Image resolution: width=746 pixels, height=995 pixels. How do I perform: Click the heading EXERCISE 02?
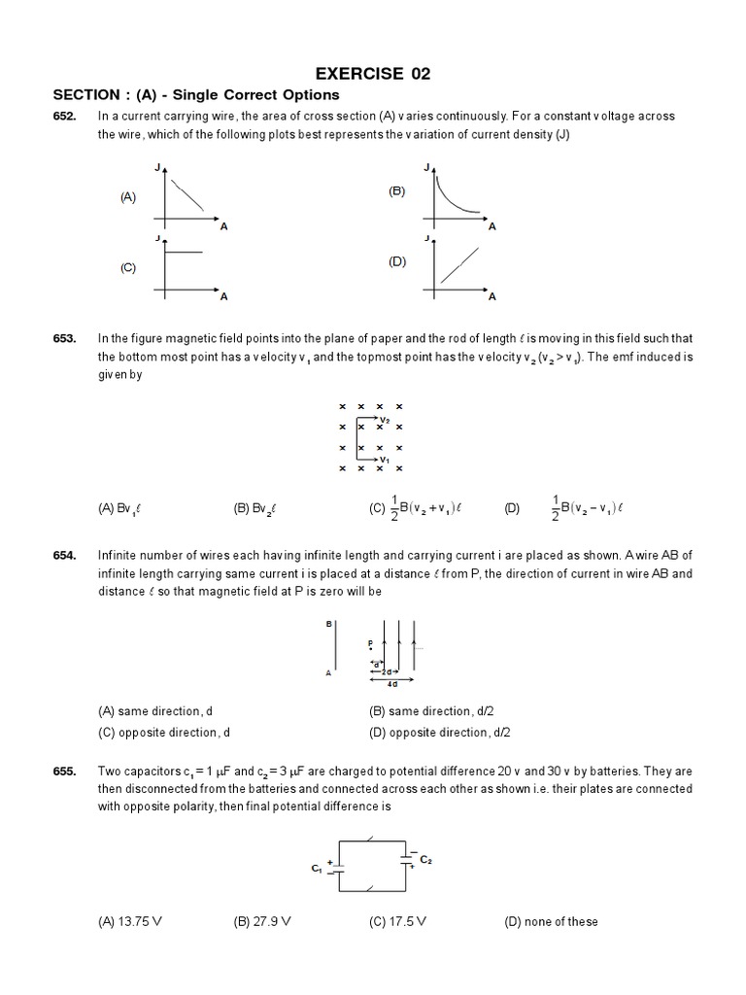pyautogui.click(x=373, y=73)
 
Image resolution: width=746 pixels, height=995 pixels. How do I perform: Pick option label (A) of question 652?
pyautogui.click(x=128, y=196)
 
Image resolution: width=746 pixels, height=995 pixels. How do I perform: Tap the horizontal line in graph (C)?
pyautogui.click(x=185, y=253)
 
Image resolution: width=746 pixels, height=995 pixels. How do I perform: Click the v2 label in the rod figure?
pyautogui.click(x=385, y=420)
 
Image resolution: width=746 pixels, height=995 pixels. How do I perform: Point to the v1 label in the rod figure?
pyautogui.click(x=385, y=459)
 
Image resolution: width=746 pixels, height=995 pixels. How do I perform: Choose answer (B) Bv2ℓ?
pyautogui.click(x=256, y=507)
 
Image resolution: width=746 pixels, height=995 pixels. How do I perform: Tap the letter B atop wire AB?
pyautogui.click(x=329, y=624)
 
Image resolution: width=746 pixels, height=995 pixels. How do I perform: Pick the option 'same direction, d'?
pyautogui.click(x=155, y=711)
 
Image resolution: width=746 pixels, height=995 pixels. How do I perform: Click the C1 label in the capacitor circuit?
pyautogui.click(x=317, y=868)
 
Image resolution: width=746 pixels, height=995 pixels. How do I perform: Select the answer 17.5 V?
pyautogui.click(x=398, y=921)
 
